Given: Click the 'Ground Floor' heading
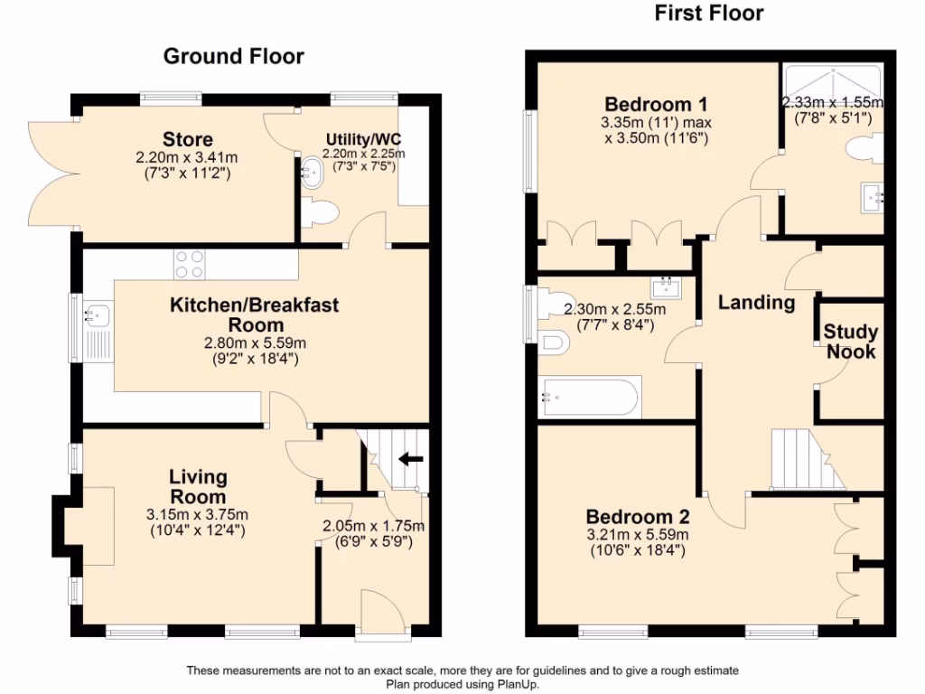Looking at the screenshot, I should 233,56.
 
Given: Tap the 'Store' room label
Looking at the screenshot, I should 188,139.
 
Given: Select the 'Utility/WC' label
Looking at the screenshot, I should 363,138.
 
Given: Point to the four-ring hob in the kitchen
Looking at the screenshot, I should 189,264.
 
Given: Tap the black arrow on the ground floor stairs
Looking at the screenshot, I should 411,458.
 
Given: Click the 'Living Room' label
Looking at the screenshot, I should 198,486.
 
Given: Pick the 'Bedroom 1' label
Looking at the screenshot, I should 656,103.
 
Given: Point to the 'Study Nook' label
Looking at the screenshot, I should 851,342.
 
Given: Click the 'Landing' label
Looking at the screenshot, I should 756,303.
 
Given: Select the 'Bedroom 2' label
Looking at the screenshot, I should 638,517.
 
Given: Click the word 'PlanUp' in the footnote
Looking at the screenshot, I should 513,684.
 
